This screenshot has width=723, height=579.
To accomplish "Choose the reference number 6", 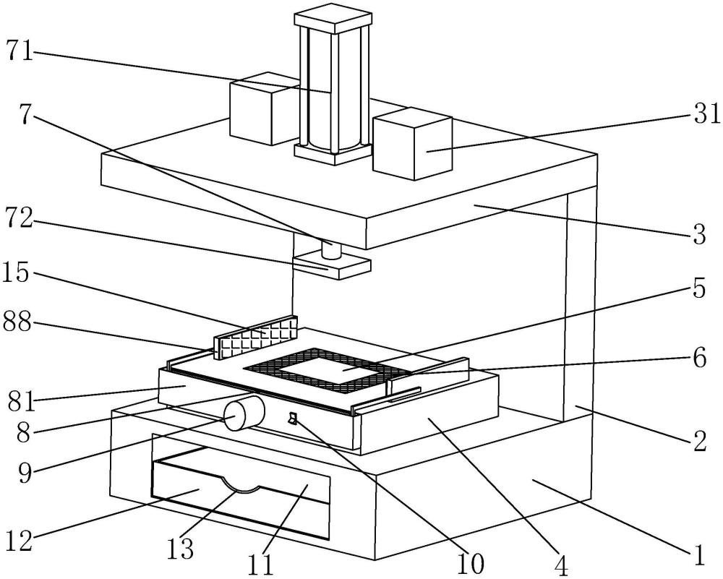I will click(x=698, y=359).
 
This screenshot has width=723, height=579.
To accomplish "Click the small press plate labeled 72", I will click(x=333, y=265).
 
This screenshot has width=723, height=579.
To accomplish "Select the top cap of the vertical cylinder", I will click(x=332, y=18).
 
